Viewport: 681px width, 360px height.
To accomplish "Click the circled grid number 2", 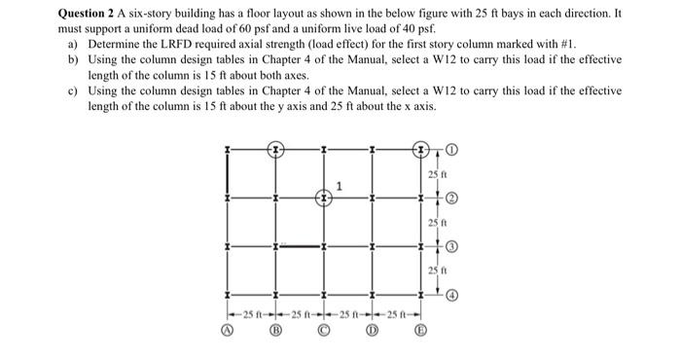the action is click(x=453, y=198).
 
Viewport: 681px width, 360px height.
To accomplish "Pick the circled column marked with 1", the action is click(x=325, y=198).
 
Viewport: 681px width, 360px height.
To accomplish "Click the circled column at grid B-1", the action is click(x=276, y=150).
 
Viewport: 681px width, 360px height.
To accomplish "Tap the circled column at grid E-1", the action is click(x=421, y=150).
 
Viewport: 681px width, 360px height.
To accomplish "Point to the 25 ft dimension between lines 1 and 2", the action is click(x=434, y=174).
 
